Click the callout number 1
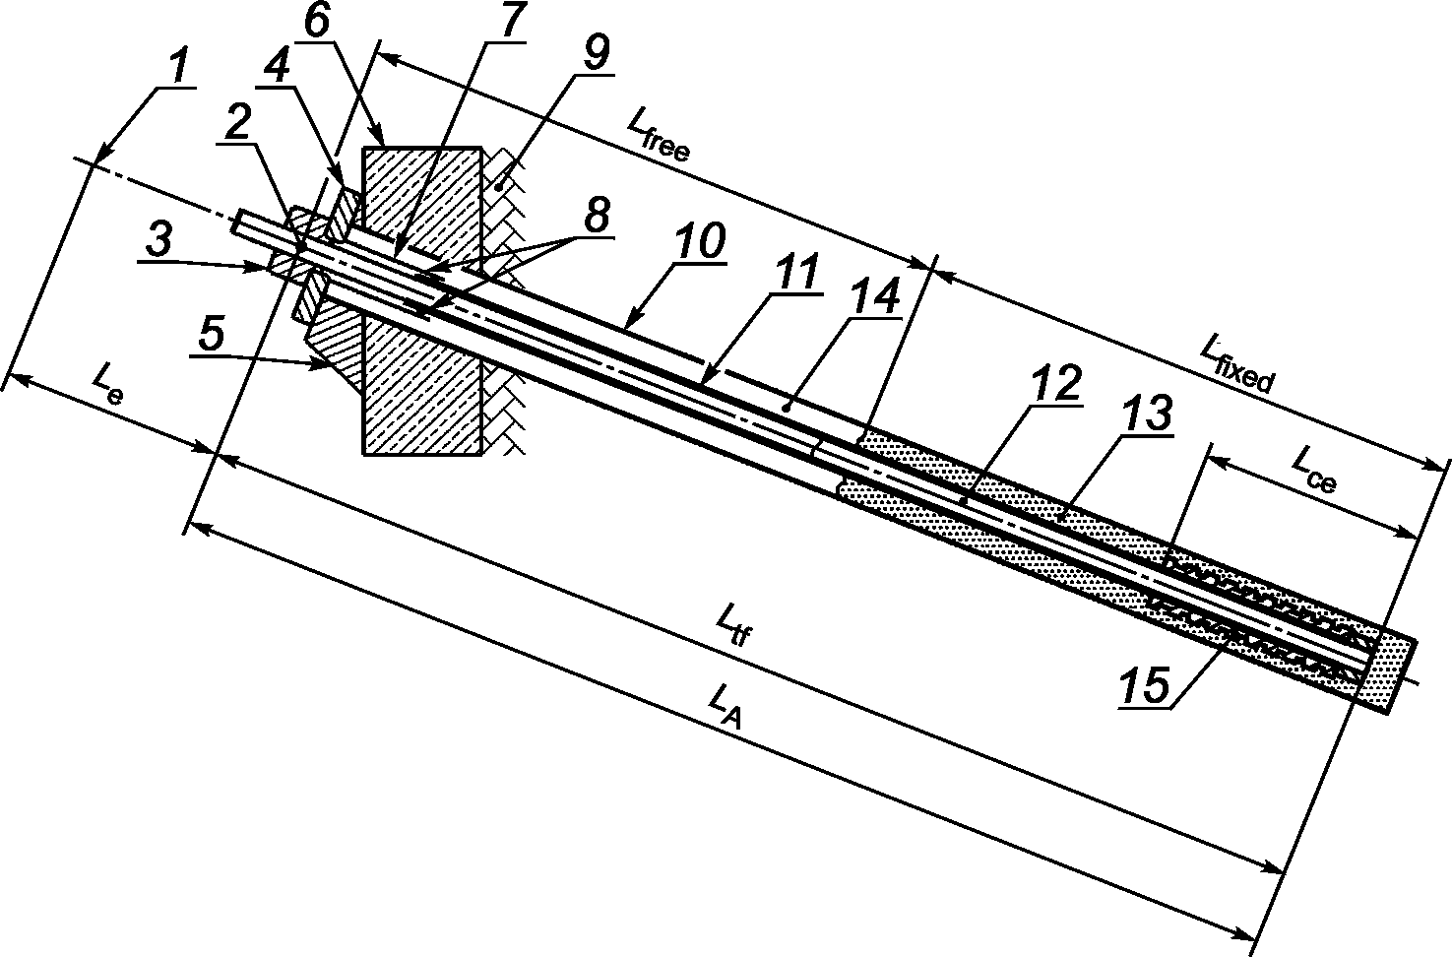click(178, 68)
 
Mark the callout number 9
click(595, 54)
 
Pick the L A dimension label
click(726, 707)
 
